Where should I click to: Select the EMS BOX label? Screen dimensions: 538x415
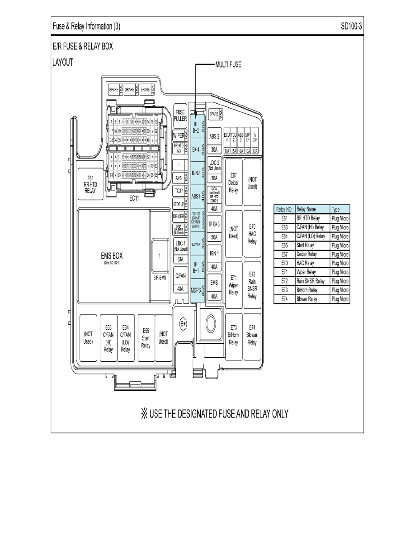pos(112,257)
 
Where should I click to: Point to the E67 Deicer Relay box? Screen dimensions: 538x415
pos(234,183)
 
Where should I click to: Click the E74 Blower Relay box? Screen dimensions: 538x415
pos(252,335)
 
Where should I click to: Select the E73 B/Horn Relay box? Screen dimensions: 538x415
pos(234,335)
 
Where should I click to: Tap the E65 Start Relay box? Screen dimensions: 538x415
pos(146,338)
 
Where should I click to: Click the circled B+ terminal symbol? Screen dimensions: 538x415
pos(183,323)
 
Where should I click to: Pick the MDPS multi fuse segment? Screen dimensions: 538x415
pos(196,289)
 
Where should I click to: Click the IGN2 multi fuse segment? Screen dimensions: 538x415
pos(196,173)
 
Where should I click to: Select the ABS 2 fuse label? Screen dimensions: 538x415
pos(214,136)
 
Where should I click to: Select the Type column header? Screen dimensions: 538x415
pos(336,209)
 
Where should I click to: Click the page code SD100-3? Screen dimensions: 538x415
pos(351,27)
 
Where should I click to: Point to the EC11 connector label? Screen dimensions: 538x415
pos(134,198)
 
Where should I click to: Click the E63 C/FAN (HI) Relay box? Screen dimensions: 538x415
pos(108,338)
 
